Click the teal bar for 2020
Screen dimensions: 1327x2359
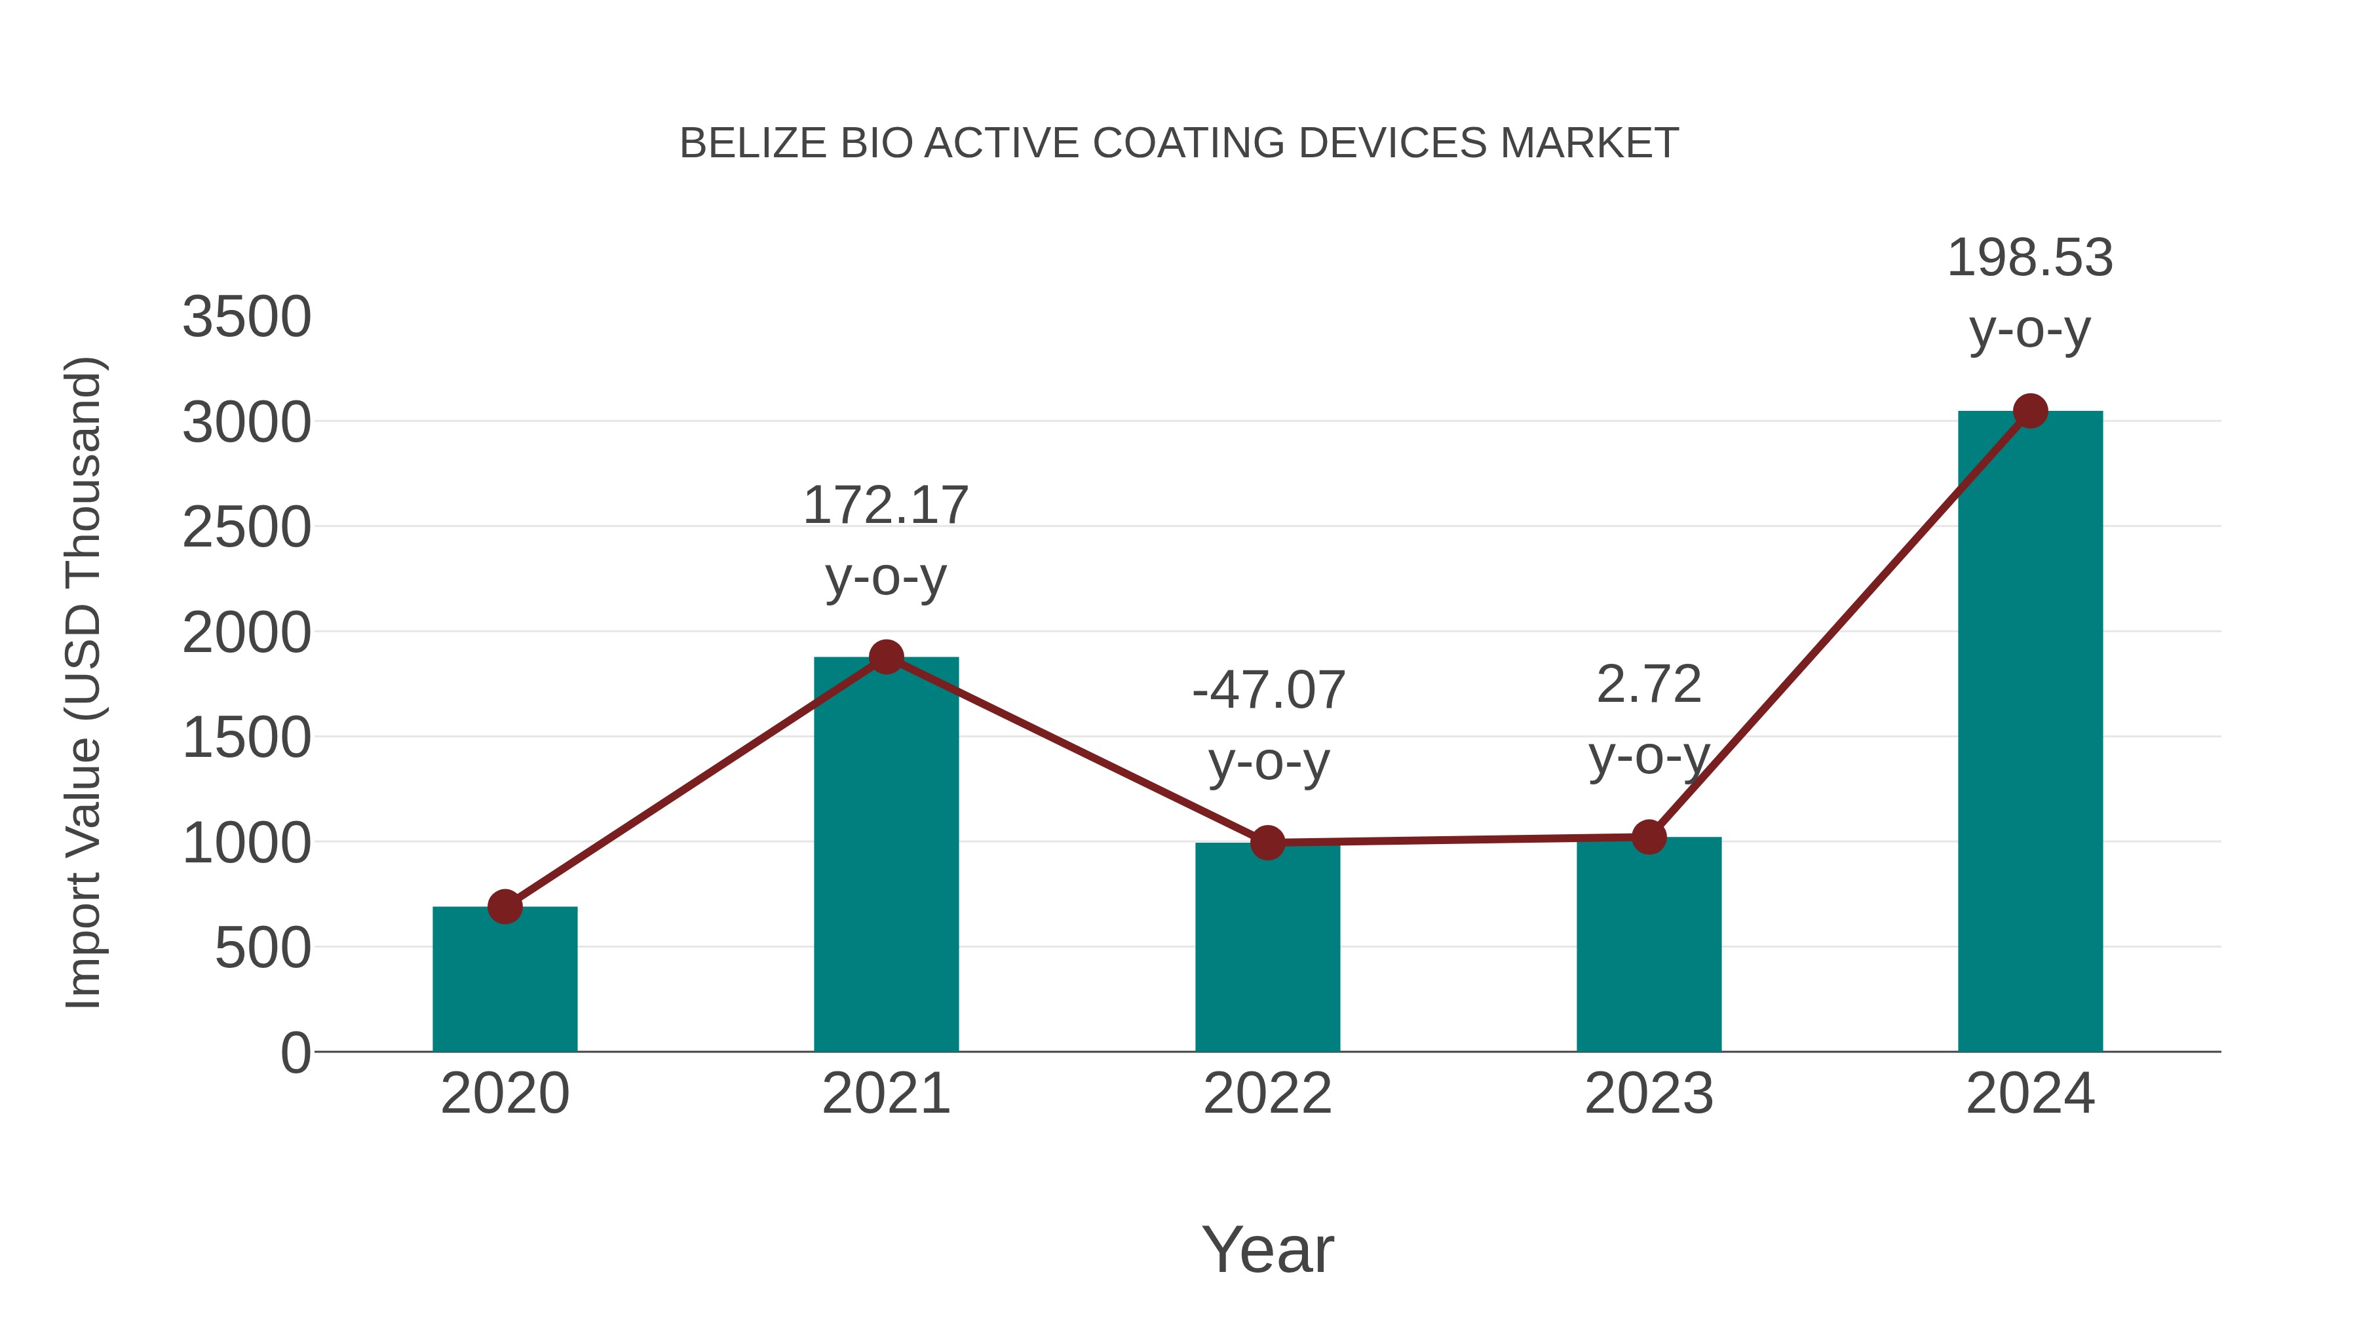(x=505, y=980)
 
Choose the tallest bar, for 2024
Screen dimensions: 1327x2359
(x=2030, y=732)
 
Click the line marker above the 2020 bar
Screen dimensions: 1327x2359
(x=505, y=907)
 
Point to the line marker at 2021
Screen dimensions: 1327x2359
(x=885, y=657)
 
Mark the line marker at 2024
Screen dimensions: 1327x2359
(x=2030, y=411)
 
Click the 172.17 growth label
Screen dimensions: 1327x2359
(x=885, y=505)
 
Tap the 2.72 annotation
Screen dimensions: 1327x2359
(x=1649, y=685)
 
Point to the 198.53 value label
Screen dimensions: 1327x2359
(x=2030, y=258)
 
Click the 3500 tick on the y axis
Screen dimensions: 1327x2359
(x=246, y=318)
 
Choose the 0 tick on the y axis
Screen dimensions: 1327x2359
(x=295, y=1053)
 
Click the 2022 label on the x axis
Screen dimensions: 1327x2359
(x=1267, y=1094)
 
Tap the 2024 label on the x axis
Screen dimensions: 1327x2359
(x=2030, y=1094)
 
